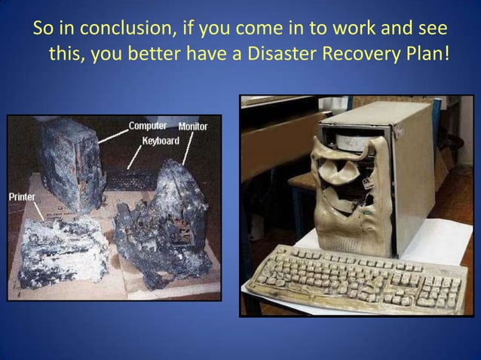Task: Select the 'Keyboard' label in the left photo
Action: click(161, 141)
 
